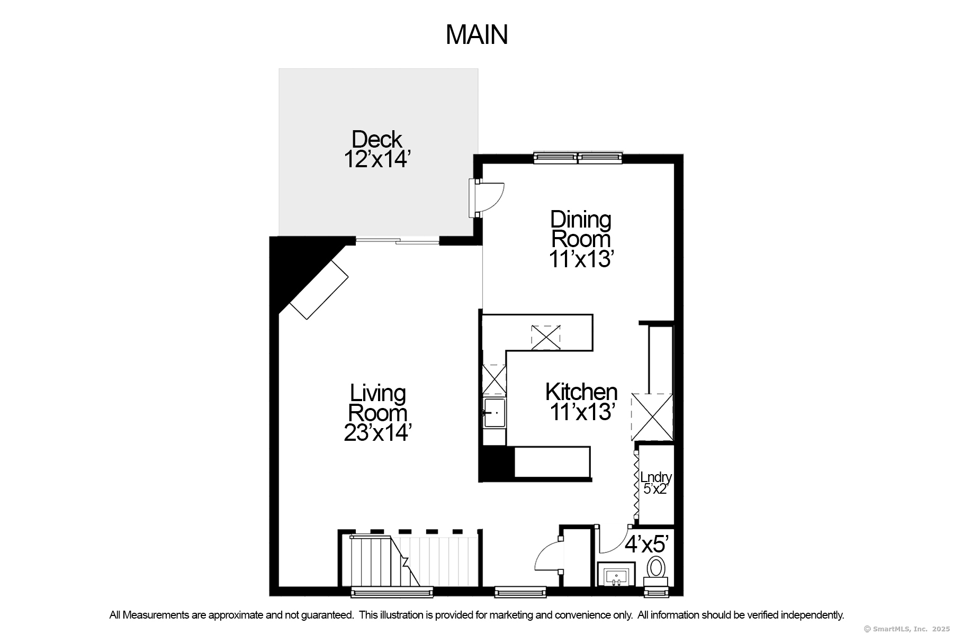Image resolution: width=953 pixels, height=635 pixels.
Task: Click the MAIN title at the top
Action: point(477,35)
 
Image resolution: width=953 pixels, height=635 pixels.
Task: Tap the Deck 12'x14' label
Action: point(377,149)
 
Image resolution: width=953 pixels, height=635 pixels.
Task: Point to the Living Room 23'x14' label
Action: point(377,413)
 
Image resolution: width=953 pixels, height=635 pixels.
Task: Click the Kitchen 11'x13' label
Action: point(581,402)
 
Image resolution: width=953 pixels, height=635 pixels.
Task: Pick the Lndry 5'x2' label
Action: point(655,483)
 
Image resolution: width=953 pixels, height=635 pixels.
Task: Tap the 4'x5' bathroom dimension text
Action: point(647,543)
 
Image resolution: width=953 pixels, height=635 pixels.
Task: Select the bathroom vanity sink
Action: point(616,574)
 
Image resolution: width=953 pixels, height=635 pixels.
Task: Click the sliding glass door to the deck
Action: point(397,241)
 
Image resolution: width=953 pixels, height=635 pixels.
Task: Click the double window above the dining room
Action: point(577,157)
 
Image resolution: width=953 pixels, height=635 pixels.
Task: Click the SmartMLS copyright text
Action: point(907,629)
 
